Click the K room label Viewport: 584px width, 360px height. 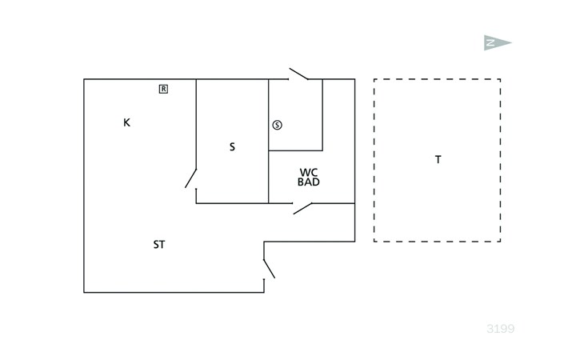(126, 122)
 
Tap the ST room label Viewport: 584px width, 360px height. (159, 245)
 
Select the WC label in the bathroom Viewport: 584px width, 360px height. (309, 173)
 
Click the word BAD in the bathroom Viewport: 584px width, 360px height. (309, 182)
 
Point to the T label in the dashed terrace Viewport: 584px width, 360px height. (438, 160)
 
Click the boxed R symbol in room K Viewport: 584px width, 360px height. (163, 89)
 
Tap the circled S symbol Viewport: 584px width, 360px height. (277, 125)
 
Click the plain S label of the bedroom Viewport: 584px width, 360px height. (232, 147)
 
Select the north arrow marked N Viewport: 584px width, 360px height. (498, 43)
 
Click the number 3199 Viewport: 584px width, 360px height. (500, 329)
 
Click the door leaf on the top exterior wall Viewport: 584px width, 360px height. (298, 74)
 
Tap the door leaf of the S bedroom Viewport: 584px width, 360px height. (190, 178)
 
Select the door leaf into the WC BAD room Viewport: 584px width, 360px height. (303, 209)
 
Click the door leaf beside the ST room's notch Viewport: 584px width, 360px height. (270, 269)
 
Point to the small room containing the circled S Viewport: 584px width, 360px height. (295, 114)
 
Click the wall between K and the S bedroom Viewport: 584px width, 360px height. (196, 124)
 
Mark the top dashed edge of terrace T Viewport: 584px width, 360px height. (438, 79)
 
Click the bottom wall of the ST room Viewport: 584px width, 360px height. (174, 292)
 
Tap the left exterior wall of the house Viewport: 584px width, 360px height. (84, 186)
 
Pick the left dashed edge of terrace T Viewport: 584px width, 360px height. (374, 160)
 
